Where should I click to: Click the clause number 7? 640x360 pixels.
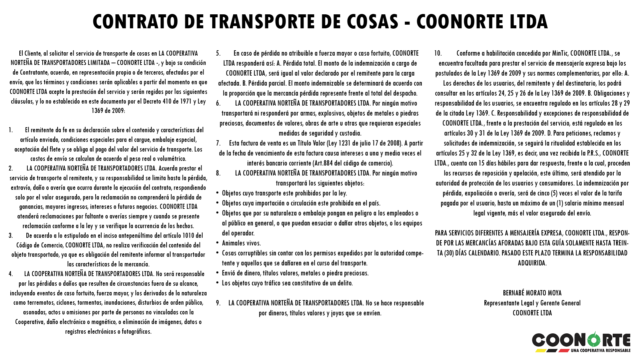point(218,143)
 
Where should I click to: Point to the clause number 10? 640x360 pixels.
point(438,53)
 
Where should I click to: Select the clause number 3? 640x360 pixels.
point(11,236)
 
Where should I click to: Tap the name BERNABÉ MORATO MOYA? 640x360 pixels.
point(532,293)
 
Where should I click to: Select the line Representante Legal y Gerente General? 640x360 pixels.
point(532,303)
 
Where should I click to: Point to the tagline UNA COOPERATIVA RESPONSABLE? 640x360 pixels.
point(600,350)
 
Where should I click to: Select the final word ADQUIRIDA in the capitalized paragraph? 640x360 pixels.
point(532,263)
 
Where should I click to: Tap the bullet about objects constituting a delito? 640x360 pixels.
point(287,283)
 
